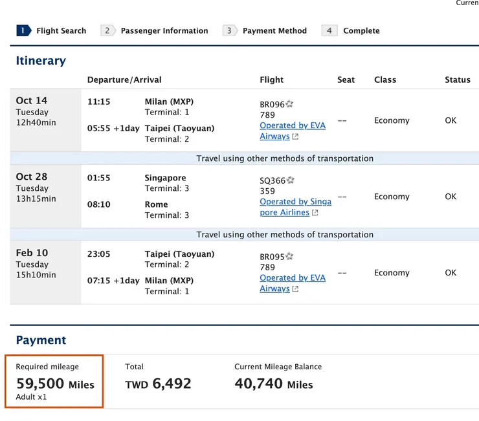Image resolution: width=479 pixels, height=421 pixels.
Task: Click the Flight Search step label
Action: pos(61,30)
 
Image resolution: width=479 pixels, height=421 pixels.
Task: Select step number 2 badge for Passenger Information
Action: pos(107,30)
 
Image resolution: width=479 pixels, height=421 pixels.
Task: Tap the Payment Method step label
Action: pos(274,30)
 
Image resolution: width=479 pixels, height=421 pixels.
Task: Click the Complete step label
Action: pos(361,30)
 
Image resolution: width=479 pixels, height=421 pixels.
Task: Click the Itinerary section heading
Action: pos(41,61)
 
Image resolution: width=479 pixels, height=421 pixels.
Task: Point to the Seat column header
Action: pos(346,80)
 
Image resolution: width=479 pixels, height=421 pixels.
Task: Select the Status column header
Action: pos(457,80)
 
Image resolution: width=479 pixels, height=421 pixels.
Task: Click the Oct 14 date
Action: pos(32,100)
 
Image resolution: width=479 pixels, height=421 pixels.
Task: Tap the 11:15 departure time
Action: pos(99,102)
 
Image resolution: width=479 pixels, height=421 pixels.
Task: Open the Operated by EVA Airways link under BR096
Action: pos(292,131)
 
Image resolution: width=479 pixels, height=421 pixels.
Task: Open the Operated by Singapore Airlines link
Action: pos(295,207)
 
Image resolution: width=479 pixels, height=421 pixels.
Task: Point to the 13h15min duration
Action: pos(36,199)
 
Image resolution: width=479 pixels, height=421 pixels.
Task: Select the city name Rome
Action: pos(156,204)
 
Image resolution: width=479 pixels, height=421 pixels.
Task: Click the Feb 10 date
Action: pos(32,253)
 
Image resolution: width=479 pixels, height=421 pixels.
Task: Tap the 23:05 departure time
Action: pos(99,254)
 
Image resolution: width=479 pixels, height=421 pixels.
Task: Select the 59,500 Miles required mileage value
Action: pos(55,384)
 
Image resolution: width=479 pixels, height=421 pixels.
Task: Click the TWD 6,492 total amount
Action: pos(158,384)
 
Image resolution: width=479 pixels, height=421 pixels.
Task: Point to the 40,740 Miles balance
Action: pos(273,384)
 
